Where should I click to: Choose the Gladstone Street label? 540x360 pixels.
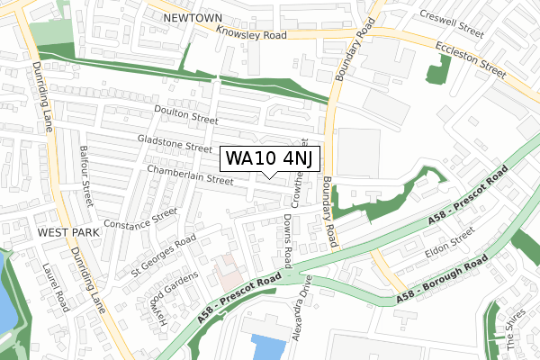click(175, 142)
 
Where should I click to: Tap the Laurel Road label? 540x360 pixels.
click(56, 286)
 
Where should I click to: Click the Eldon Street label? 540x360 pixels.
click(449, 238)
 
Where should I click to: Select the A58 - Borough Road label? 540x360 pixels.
click(441, 280)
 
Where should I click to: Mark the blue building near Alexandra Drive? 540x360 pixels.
click(267, 347)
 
